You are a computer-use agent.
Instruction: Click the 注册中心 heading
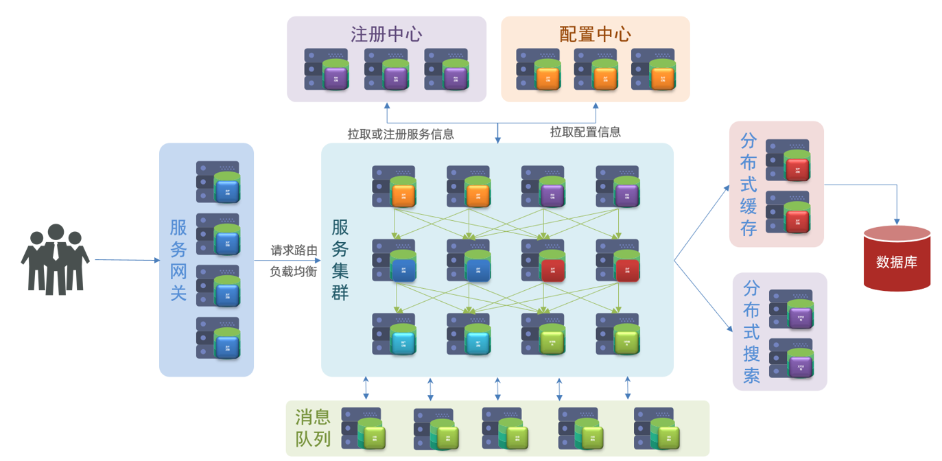(386, 34)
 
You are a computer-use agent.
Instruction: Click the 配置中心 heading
(595, 34)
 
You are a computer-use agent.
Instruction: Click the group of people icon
(55, 259)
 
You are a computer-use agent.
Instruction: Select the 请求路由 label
(294, 250)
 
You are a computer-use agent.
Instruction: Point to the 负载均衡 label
(294, 271)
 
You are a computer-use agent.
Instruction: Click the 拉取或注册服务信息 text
(401, 134)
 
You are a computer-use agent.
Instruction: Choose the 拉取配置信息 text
(585, 132)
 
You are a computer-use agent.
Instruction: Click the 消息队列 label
(314, 427)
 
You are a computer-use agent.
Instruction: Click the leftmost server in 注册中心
(327, 69)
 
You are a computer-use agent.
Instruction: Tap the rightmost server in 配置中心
(653, 69)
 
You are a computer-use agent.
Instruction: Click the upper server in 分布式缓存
(788, 161)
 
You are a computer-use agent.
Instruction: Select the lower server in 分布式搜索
(791, 358)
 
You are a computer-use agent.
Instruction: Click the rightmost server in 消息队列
(657, 429)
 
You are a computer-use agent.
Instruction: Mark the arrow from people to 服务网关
(127, 260)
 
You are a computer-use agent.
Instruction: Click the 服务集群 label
(340, 260)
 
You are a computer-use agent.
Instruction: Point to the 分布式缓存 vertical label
(749, 185)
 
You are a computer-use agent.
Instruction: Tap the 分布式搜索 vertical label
(751, 331)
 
